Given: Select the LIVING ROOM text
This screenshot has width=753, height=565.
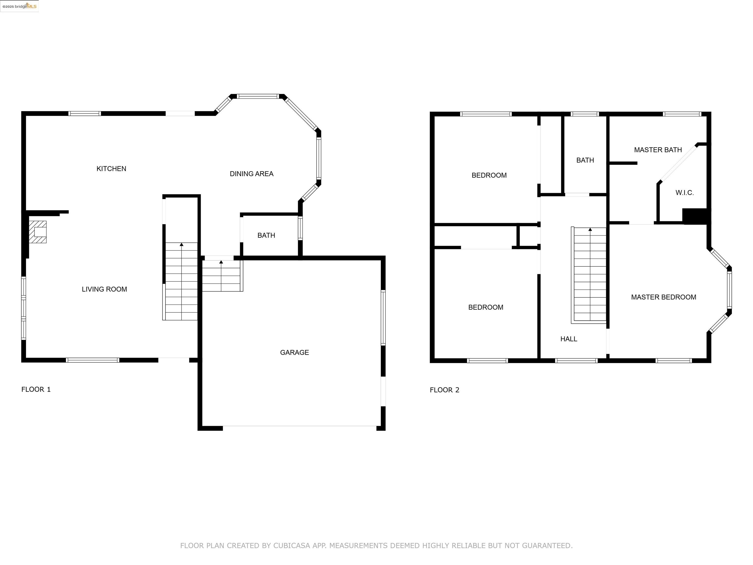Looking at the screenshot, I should [104, 289].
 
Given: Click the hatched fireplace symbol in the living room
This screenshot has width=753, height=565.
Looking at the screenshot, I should [38, 232].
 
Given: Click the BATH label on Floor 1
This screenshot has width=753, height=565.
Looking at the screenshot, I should [266, 236].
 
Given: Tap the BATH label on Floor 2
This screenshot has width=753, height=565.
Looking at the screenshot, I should [585, 160].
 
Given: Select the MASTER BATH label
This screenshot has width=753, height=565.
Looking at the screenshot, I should [658, 150].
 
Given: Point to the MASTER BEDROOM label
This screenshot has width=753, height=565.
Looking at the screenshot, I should [664, 297].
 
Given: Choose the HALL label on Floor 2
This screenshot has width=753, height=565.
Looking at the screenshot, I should [568, 339].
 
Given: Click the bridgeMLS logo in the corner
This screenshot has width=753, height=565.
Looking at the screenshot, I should [19, 6].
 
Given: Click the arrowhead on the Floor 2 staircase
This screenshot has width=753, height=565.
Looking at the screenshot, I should [590, 230].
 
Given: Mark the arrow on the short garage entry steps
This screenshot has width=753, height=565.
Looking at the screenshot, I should [221, 262].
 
